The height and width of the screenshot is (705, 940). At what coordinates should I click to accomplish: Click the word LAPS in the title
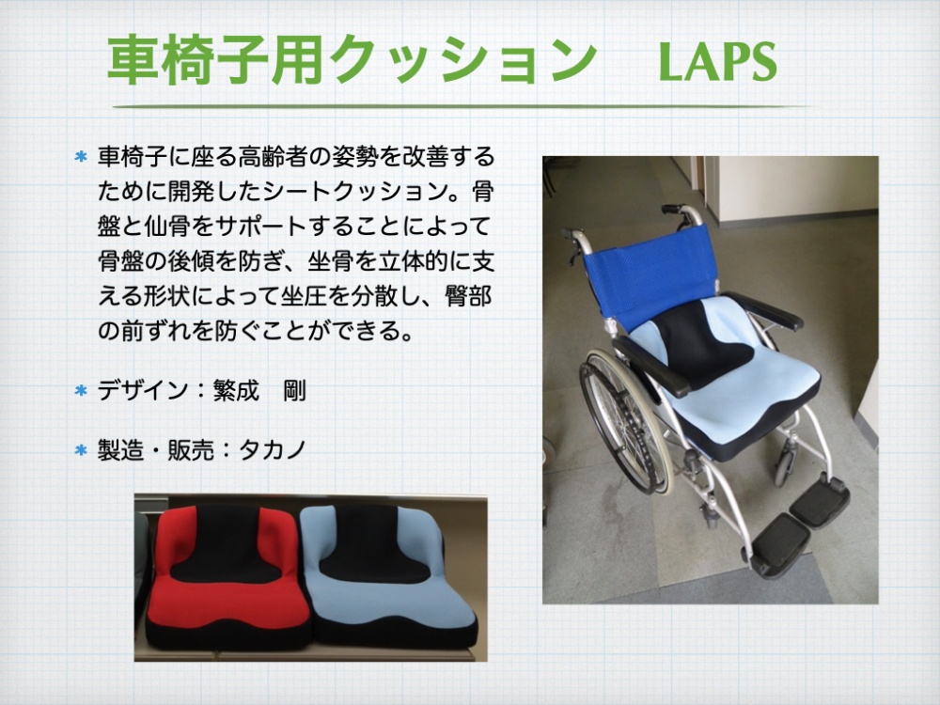click(717, 61)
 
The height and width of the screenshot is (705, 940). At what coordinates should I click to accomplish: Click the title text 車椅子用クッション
click(352, 60)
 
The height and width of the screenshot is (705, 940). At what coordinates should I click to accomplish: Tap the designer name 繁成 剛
click(259, 391)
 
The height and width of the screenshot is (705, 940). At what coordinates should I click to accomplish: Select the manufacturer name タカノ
click(273, 449)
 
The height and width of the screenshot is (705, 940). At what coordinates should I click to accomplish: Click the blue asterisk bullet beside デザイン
click(81, 391)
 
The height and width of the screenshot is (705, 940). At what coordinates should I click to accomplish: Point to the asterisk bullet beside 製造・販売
click(81, 449)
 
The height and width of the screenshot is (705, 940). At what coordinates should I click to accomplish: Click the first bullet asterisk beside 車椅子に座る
click(81, 157)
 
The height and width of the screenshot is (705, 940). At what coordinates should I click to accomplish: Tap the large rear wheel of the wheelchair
click(623, 419)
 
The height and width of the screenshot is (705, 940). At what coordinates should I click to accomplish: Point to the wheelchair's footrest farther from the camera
click(820, 501)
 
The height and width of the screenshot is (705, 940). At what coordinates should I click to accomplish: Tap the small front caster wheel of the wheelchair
click(784, 467)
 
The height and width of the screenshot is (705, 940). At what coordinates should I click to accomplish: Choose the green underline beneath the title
click(462, 107)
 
